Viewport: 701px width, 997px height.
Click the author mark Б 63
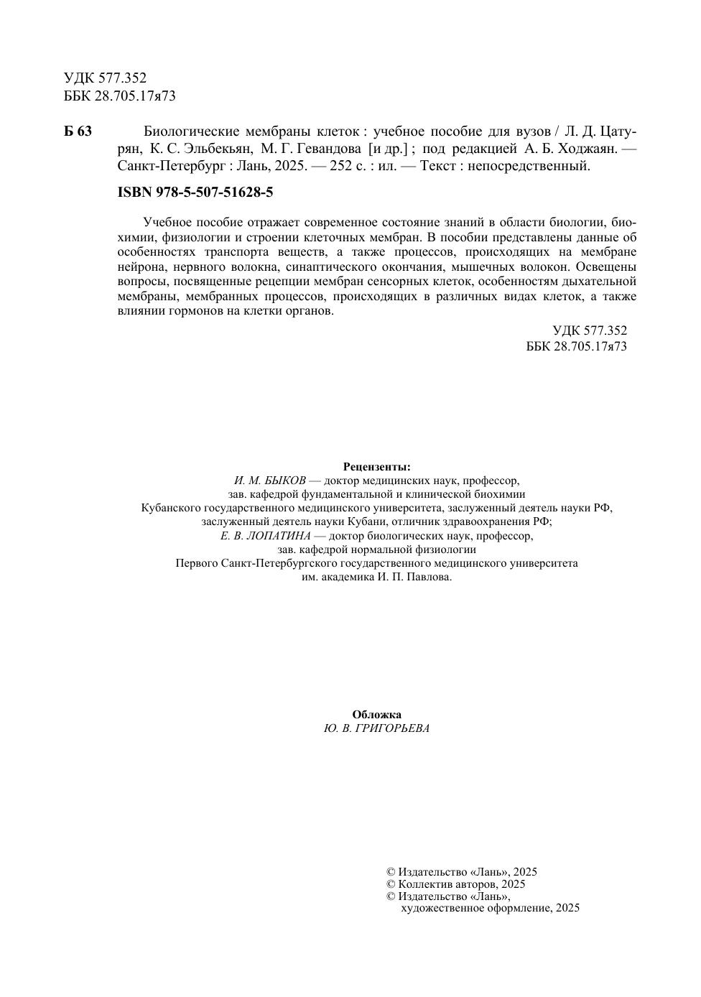78,131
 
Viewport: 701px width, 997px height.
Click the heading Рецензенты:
376,466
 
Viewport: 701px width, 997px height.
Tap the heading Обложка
376,715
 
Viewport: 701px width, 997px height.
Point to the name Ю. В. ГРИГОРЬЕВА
376,728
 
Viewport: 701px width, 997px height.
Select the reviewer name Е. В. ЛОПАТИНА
266,536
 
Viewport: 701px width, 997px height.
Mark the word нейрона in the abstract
141,266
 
